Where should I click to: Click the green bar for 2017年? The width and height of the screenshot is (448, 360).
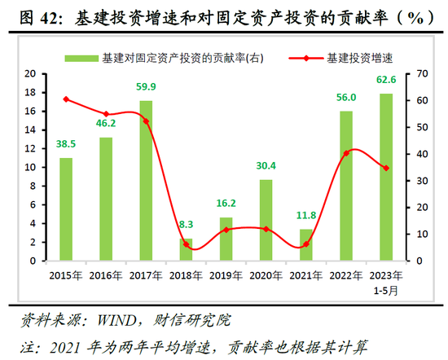(146, 181)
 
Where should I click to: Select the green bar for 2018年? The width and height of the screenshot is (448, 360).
(187, 250)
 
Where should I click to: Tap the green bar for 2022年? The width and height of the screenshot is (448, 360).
(346, 186)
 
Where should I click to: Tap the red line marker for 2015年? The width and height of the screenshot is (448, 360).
(66, 99)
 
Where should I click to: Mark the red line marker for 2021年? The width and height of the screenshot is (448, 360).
(306, 244)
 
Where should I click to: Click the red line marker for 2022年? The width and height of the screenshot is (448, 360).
(346, 153)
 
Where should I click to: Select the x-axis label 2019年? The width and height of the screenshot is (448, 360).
(226, 274)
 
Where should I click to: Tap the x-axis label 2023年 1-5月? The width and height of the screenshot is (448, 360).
(386, 281)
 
